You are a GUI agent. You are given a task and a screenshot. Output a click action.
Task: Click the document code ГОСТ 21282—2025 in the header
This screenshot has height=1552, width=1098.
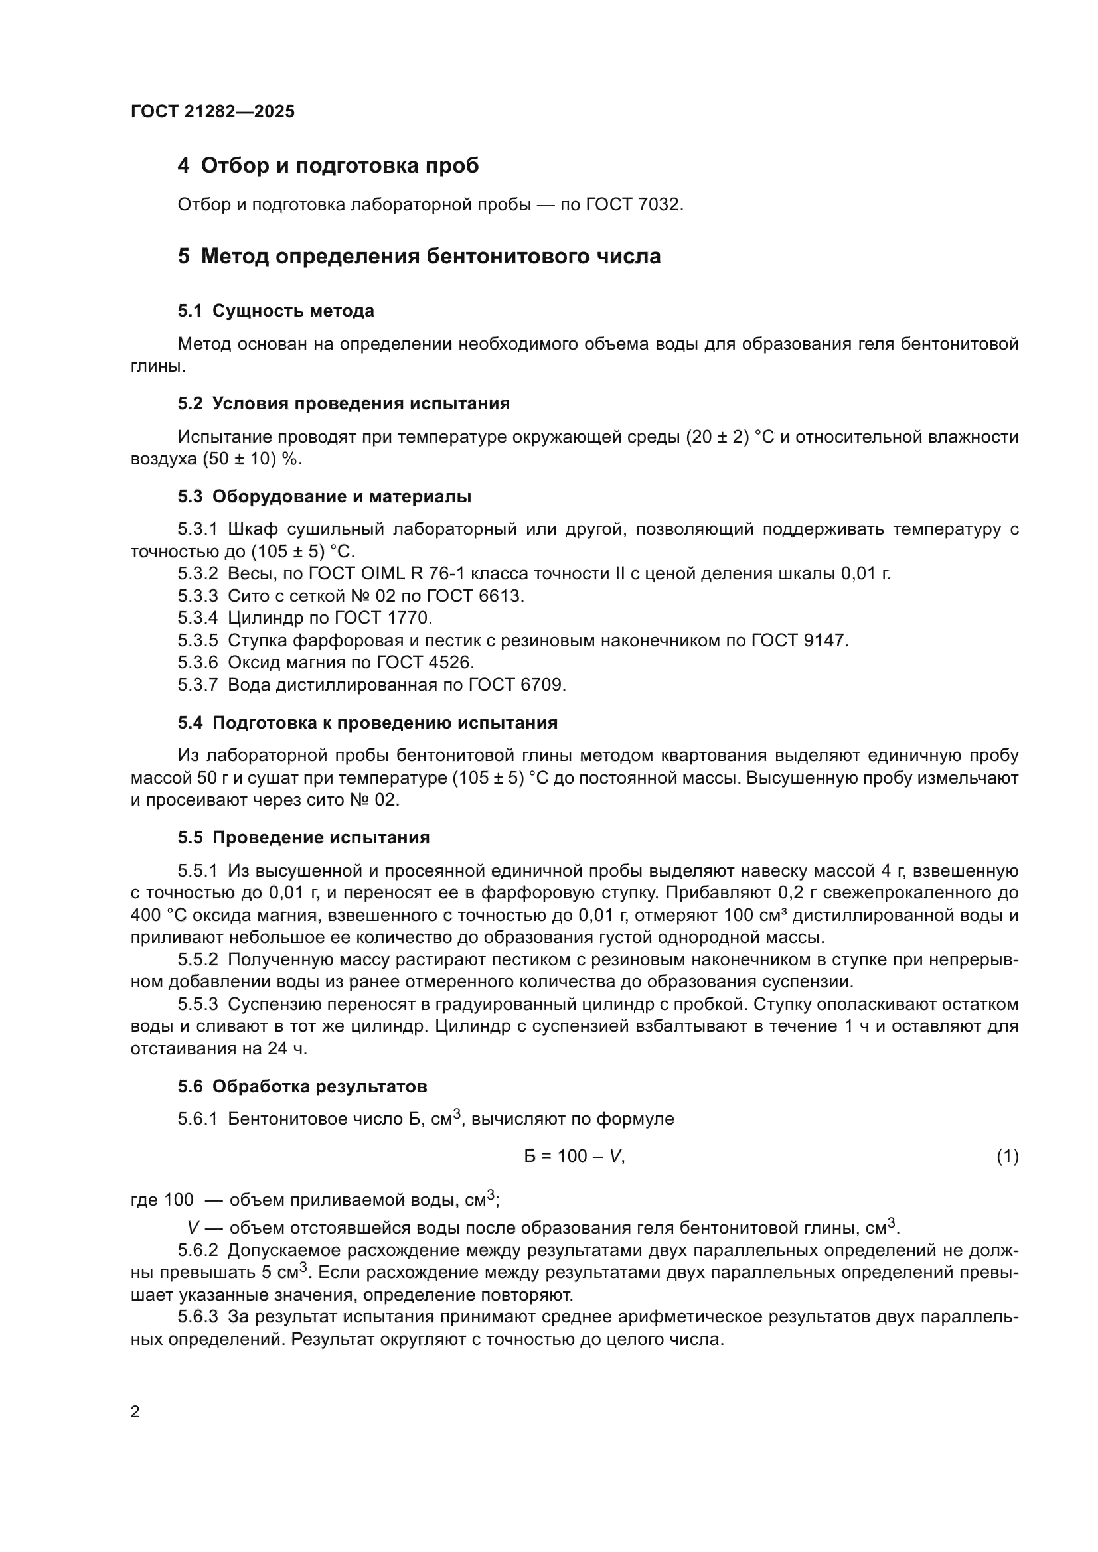point(212,111)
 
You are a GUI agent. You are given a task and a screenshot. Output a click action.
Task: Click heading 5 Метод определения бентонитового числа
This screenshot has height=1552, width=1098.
point(419,256)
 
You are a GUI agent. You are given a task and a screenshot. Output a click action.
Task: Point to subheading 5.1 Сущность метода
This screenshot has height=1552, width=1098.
point(276,311)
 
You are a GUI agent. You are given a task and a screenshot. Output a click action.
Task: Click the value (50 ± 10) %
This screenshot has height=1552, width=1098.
point(252,459)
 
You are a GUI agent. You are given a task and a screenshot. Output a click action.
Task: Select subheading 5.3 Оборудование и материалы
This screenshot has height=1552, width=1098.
point(325,496)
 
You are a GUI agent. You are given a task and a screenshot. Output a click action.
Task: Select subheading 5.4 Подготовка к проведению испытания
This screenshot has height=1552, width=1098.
point(367,723)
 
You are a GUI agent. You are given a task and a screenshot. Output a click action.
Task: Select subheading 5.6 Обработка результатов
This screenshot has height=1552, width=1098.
point(302,1086)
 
